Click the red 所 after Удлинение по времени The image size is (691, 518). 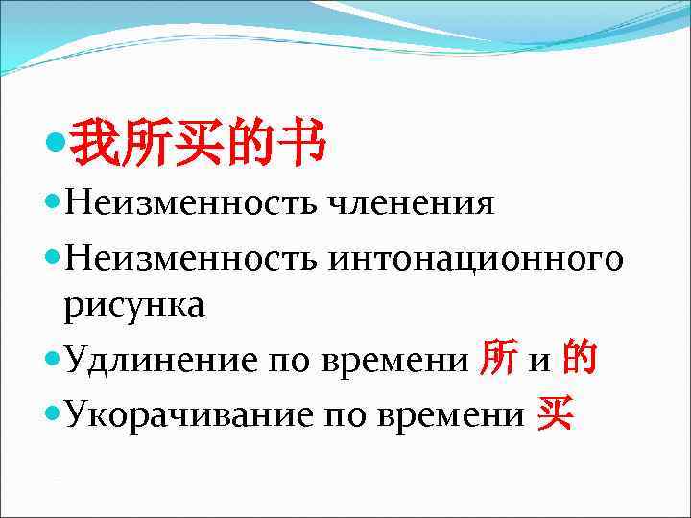492,359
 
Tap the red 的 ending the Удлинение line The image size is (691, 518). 581,359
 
